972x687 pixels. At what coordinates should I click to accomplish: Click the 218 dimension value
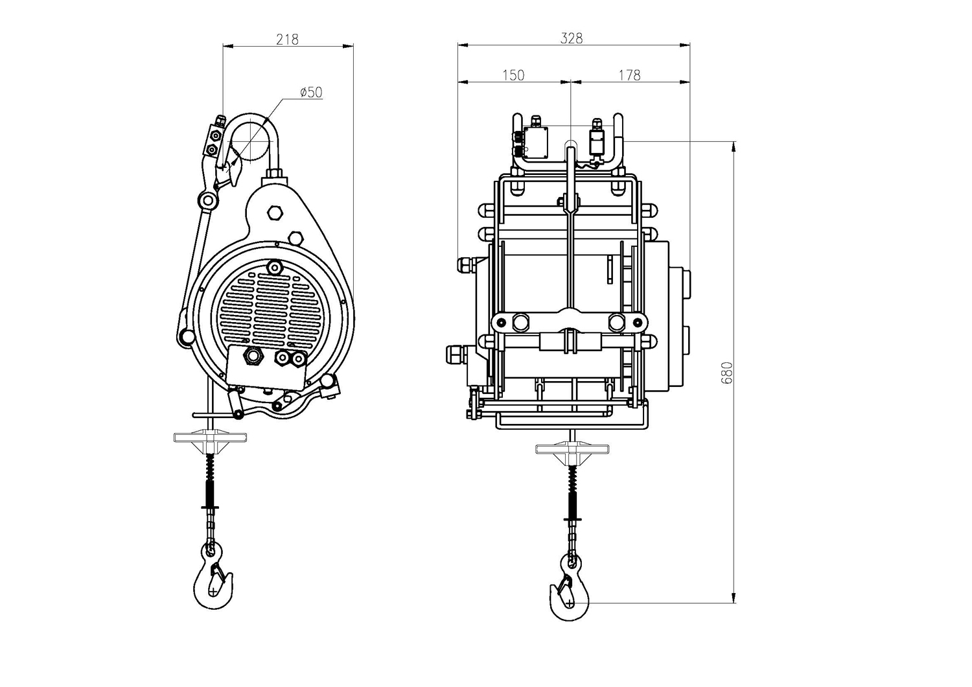288,40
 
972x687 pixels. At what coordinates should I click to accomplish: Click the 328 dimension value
572,39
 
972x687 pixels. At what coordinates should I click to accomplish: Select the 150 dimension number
513,75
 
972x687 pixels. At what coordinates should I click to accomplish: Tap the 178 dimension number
630,75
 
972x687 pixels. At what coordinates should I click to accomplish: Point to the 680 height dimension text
726,373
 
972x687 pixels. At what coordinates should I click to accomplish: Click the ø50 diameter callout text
311,92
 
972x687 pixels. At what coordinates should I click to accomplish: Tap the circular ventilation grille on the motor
271,309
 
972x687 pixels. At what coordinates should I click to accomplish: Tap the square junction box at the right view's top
535,143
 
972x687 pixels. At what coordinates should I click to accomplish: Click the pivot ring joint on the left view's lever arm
209,200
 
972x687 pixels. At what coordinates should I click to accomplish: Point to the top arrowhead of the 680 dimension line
734,146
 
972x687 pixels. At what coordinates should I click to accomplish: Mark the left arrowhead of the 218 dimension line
228,45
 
